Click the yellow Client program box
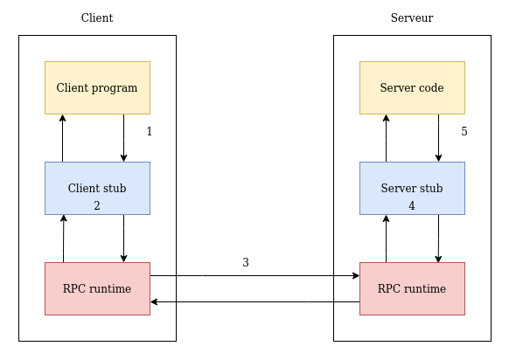click(x=97, y=87)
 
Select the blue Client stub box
click(x=97, y=188)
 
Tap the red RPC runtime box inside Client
click(x=97, y=288)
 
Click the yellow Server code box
click(x=412, y=87)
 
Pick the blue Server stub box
click(x=412, y=188)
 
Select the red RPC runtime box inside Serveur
click(x=412, y=288)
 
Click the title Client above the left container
click(x=97, y=18)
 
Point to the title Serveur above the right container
click(x=412, y=18)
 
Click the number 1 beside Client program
click(x=150, y=132)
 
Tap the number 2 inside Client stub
click(x=97, y=206)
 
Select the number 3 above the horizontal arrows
click(x=246, y=262)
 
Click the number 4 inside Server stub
click(x=412, y=206)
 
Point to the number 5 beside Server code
click(x=464, y=132)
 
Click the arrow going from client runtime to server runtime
click(x=254, y=275)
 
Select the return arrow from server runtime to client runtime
click(x=254, y=301)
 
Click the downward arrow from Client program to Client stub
click(x=123, y=138)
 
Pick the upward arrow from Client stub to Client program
click(x=62, y=138)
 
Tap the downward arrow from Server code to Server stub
click(x=438, y=138)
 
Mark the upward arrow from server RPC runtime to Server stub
click(x=386, y=239)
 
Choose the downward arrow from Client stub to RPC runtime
click(x=123, y=239)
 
